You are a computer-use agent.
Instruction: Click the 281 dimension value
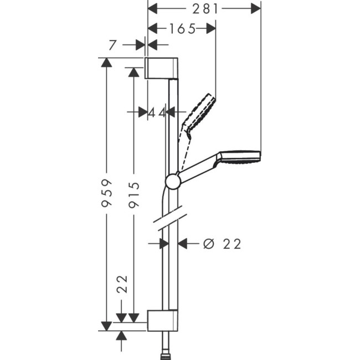205,8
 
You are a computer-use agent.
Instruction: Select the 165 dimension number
183,29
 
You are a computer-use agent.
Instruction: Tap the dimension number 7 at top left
113,45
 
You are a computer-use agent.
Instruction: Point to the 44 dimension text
157,112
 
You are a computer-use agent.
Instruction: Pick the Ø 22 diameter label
222,244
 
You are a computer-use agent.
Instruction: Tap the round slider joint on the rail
173,182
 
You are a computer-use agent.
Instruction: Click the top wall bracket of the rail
162,68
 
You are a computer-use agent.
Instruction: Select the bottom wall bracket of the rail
162,320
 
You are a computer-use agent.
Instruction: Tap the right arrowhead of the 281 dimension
255,8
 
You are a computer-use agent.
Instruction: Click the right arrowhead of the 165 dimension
210,29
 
